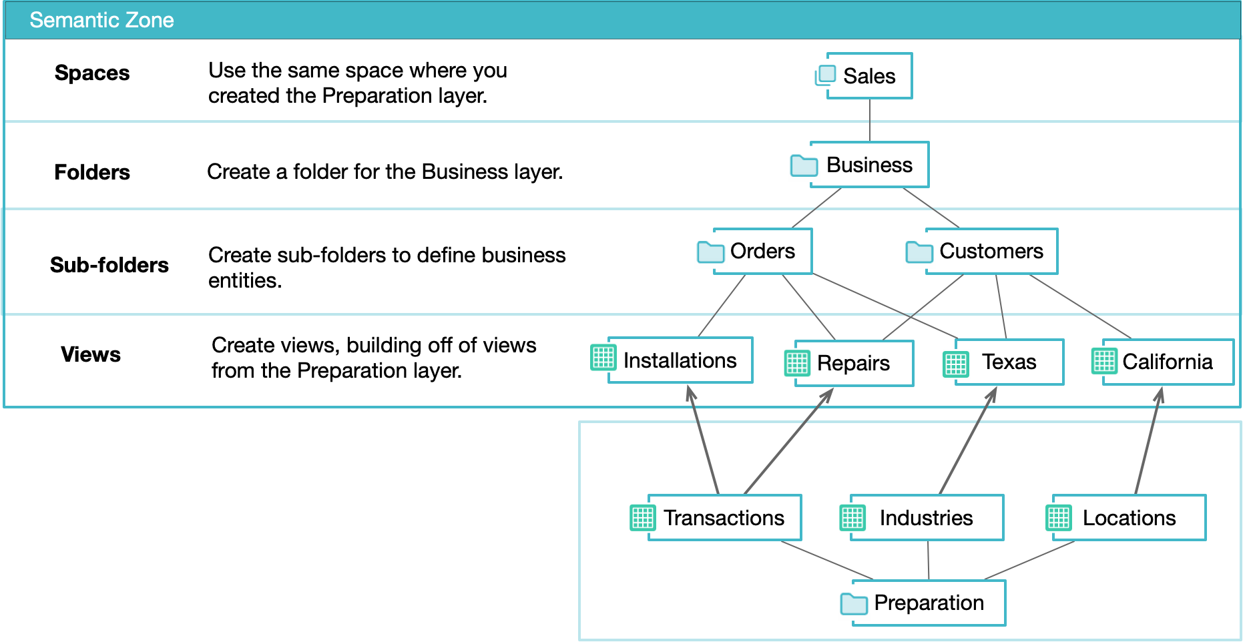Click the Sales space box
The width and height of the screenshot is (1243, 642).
[x=869, y=76]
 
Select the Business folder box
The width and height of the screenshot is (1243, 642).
[x=869, y=165]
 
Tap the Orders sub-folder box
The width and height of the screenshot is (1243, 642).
[x=762, y=252]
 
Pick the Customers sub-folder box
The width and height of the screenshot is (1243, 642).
[x=991, y=252]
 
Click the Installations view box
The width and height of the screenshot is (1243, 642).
[x=680, y=360]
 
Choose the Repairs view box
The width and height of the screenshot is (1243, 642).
[x=853, y=363]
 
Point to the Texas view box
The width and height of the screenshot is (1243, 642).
[x=1009, y=362]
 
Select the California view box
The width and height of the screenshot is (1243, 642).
[x=1167, y=362]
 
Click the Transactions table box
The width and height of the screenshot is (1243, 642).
[x=724, y=518]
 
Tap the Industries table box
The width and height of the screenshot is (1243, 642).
[x=926, y=518]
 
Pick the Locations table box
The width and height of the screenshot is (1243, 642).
[x=1129, y=518]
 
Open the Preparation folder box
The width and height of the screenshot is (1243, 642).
[x=929, y=603]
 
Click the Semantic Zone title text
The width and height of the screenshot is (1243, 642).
[x=101, y=20]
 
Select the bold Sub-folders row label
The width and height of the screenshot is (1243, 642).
[x=109, y=265]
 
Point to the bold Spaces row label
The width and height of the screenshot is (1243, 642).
[x=92, y=73]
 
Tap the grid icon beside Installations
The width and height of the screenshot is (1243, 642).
[x=603, y=358]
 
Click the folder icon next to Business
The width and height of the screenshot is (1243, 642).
[x=804, y=166]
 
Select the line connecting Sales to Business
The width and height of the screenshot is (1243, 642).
[x=870, y=120]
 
